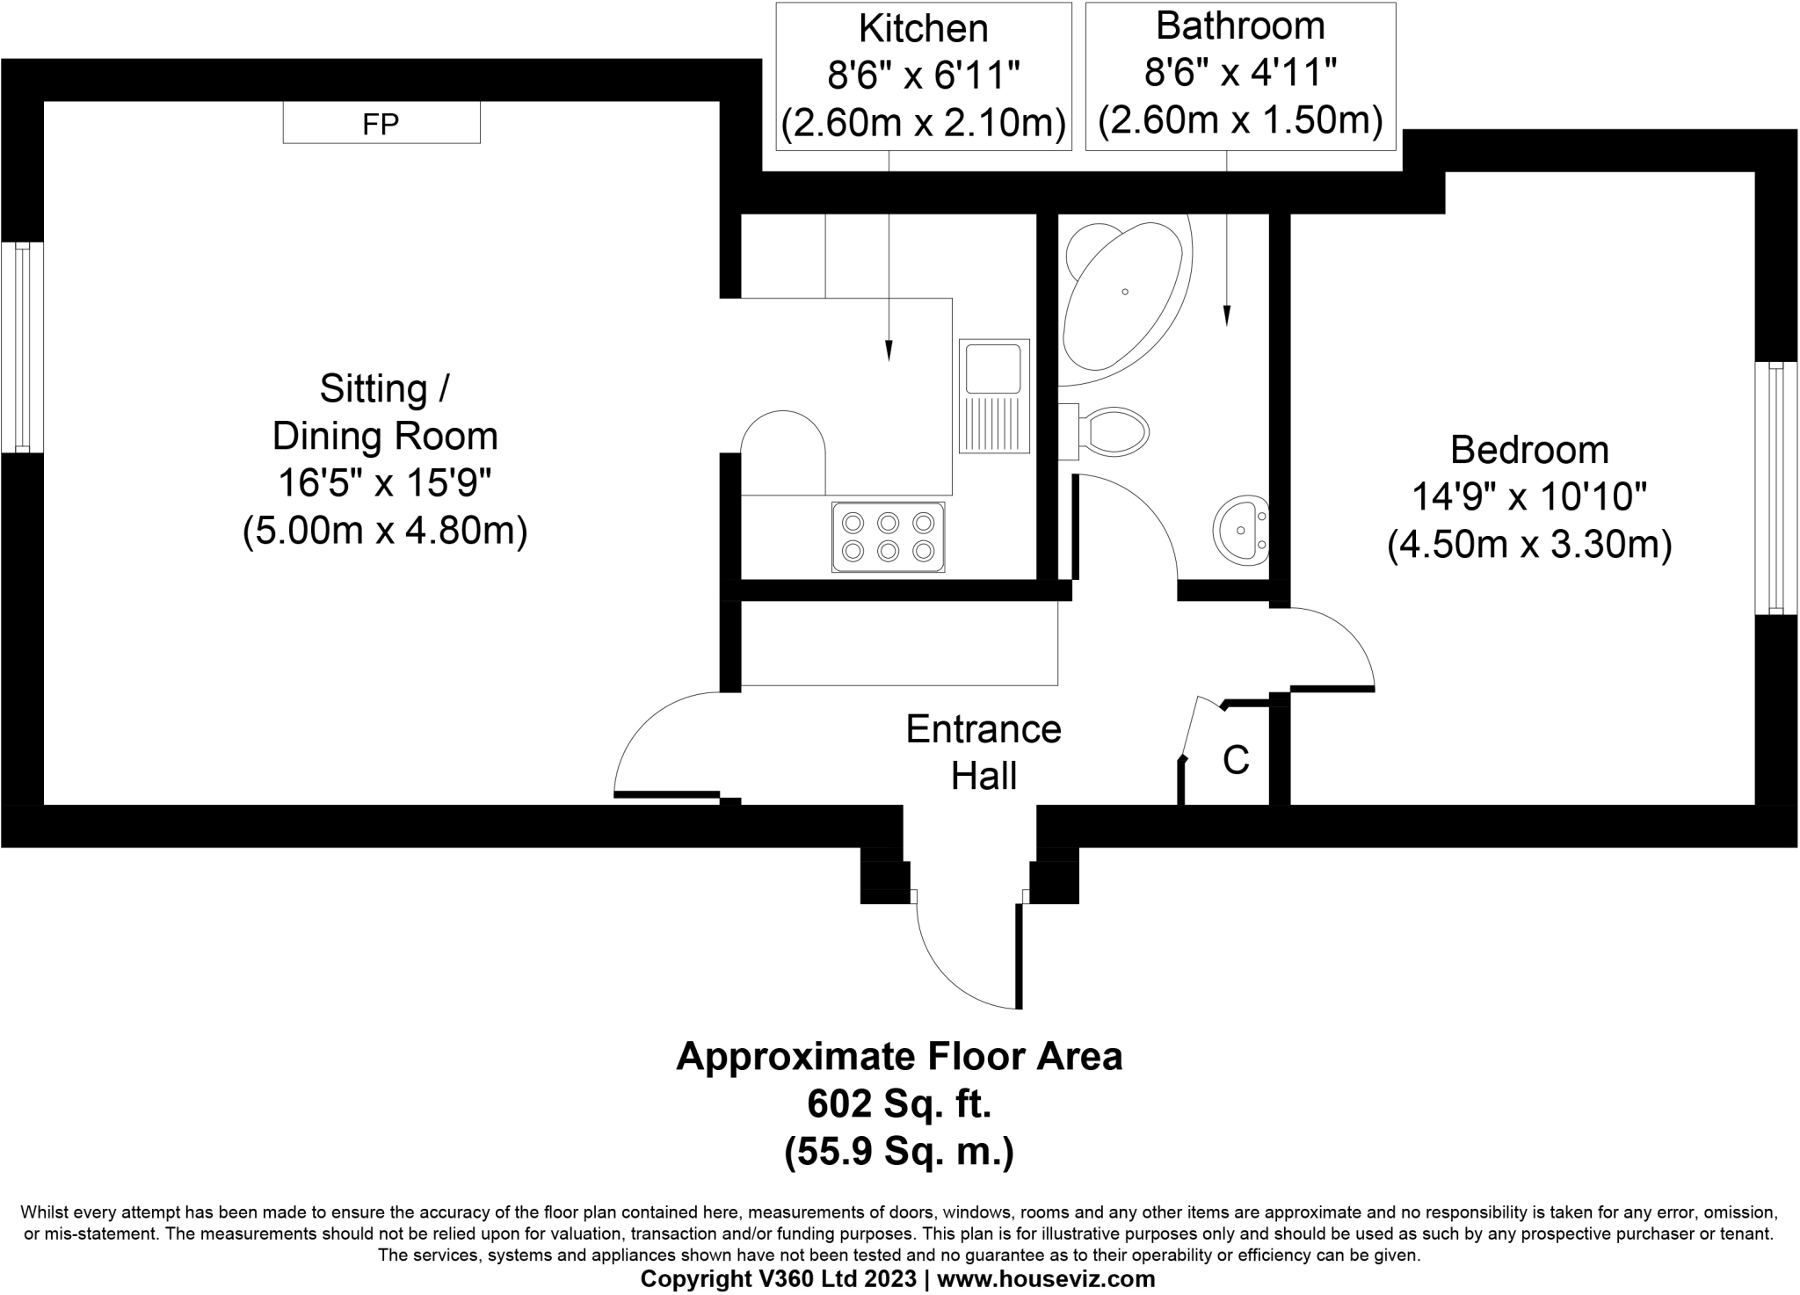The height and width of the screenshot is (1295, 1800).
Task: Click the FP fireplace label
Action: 381,124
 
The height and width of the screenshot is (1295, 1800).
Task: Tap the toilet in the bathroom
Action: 1105,431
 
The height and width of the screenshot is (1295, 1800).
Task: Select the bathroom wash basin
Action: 1242,529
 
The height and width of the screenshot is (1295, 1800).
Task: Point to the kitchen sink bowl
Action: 993,368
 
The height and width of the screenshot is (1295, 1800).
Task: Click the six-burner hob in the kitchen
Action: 889,537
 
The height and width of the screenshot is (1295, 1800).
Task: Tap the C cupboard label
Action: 1236,760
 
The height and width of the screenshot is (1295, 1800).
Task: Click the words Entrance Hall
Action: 983,753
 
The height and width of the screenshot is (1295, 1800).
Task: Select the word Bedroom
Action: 1529,450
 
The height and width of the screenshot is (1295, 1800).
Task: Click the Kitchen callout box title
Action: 924,29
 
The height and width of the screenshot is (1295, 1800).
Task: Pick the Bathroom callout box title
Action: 1240,26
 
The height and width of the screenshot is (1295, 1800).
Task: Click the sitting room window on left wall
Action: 22,347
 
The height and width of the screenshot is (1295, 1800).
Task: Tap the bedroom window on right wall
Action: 1776,488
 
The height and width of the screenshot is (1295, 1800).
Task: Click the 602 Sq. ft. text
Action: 899,1103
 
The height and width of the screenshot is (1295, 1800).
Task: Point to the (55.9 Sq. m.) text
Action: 899,1151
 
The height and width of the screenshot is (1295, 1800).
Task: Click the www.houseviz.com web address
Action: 1046,1279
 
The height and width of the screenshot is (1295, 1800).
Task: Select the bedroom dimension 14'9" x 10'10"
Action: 1528,498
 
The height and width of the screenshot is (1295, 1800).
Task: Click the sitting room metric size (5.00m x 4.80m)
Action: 385,531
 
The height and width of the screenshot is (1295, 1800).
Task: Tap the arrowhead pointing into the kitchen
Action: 889,350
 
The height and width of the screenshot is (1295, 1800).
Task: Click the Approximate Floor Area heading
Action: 899,1057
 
